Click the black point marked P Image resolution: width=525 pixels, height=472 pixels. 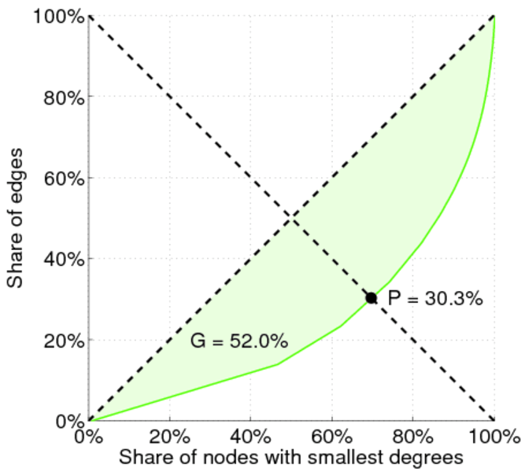point(372,297)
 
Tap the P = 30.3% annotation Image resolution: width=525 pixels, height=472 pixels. point(435,298)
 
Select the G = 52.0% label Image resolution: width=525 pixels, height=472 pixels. point(238,341)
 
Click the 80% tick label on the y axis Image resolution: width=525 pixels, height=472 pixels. point(61,97)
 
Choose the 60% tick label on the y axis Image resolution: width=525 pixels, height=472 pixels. point(61,178)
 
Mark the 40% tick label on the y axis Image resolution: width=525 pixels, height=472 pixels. point(61,259)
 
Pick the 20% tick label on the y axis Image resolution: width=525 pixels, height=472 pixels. point(61,340)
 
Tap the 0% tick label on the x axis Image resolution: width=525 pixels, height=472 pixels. point(89,435)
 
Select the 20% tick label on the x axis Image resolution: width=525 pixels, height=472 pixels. point(170,435)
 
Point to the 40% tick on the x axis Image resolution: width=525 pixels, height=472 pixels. point(251,435)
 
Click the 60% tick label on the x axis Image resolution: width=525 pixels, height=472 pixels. point(332,435)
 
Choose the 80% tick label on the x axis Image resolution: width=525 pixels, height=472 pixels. point(413,435)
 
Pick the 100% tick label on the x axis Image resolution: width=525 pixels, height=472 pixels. point(494,435)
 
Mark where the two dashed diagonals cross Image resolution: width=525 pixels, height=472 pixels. point(291,218)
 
